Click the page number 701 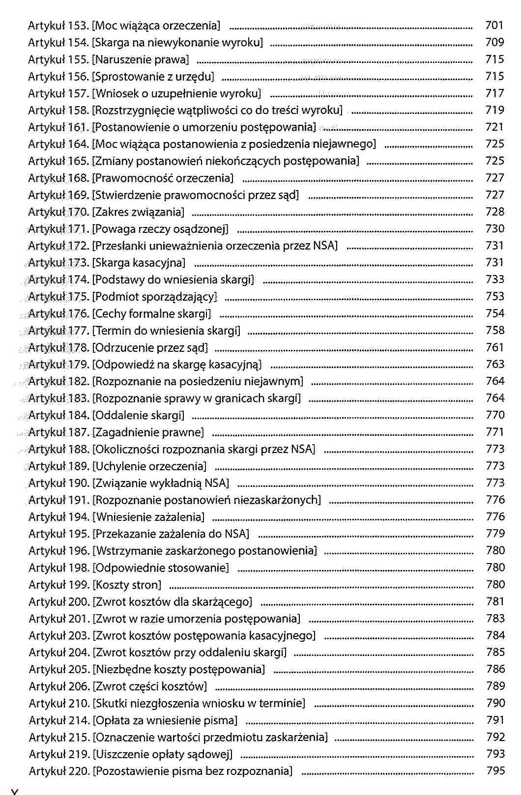494,25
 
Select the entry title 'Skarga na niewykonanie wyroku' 178,42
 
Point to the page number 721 494,127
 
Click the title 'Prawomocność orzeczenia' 163,178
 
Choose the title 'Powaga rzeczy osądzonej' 161,228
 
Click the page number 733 494,279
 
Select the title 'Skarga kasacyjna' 139,262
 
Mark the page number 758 494,330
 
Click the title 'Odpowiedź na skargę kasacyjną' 177,365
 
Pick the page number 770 494,415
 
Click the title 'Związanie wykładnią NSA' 161,483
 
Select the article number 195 79,534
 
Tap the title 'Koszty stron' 127,585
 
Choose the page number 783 495,618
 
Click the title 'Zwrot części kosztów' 150,686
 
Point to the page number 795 495,770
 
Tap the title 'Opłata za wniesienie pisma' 165,720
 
